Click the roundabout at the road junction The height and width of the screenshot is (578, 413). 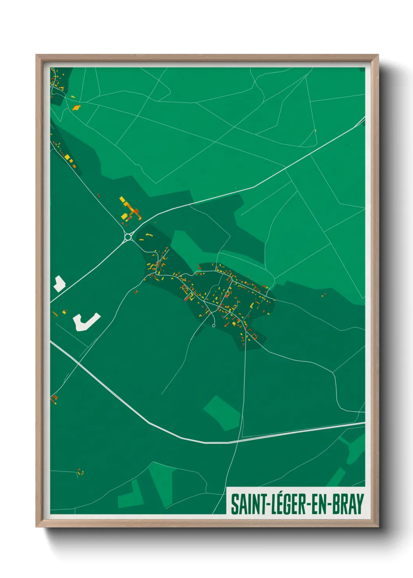click(128, 236)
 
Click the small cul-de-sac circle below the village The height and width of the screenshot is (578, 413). click(214, 325)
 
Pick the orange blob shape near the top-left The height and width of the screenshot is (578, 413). click(77, 107)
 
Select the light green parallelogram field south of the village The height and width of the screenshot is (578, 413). click(222, 412)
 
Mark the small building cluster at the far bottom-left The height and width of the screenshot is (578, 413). click(80, 472)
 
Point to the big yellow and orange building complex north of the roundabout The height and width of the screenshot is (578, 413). click(130, 210)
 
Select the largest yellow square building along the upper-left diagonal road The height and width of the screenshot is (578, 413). click(67, 157)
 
